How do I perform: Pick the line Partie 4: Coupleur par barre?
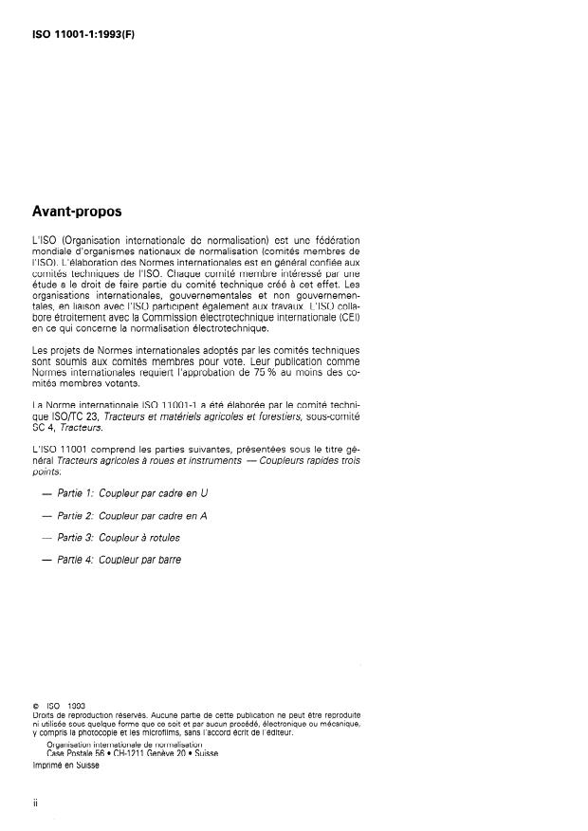(118, 560)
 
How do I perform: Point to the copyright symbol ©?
(35, 706)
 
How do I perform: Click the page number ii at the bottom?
(35, 802)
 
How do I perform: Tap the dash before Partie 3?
(48, 538)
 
